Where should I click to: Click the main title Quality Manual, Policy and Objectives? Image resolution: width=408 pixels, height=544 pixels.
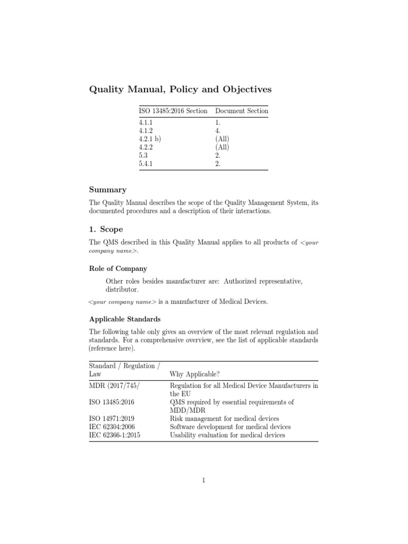(181, 89)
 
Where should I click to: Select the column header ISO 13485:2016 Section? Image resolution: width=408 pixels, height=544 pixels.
(173, 111)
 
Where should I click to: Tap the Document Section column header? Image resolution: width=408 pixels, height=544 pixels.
(242, 111)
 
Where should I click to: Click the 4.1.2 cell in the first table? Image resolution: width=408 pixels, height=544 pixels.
(147, 130)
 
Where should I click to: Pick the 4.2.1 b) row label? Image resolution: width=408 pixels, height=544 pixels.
(150, 139)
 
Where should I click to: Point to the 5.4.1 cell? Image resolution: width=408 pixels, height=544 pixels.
(147, 164)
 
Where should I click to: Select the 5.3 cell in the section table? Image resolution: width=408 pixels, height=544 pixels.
(143, 156)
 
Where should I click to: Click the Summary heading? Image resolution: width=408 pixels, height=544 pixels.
(107, 190)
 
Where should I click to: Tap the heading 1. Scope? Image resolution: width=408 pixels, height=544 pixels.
(105, 229)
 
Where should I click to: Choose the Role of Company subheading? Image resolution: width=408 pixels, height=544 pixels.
(118, 269)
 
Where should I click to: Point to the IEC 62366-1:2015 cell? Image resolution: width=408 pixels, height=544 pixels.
(115, 435)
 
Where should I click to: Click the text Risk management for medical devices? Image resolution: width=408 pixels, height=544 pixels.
(224, 419)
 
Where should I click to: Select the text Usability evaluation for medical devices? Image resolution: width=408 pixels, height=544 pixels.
(227, 435)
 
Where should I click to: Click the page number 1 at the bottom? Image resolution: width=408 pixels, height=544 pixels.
(203, 481)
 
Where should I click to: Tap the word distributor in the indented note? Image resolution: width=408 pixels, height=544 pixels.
(122, 290)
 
